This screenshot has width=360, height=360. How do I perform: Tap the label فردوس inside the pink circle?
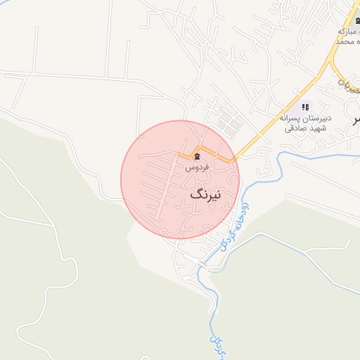(196, 168)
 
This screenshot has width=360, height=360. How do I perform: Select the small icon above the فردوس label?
(197, 156)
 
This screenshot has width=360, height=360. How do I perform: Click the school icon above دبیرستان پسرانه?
(304, 106)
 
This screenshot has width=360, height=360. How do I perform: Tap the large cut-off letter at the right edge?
(356, 119)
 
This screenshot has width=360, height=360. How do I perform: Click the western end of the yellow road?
(178, 154)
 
